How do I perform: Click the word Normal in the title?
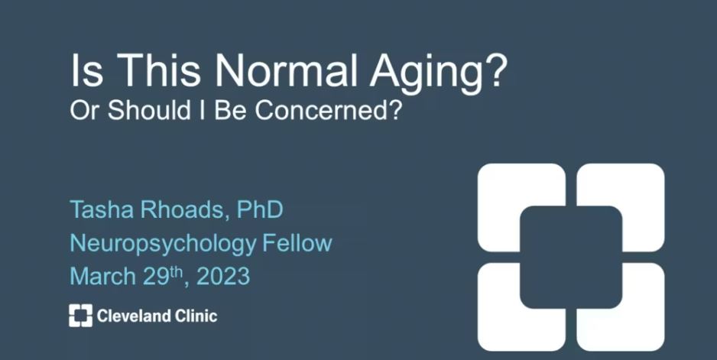(286, 71)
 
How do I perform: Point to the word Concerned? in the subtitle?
(329, 110)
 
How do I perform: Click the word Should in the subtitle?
(149, 110)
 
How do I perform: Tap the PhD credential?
(260, 209)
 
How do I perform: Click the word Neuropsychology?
(163, 244)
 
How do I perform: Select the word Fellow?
(297, 243)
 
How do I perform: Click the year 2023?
(223, 276)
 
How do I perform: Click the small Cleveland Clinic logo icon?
(80, 316)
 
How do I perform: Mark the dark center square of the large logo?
(571, 257)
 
